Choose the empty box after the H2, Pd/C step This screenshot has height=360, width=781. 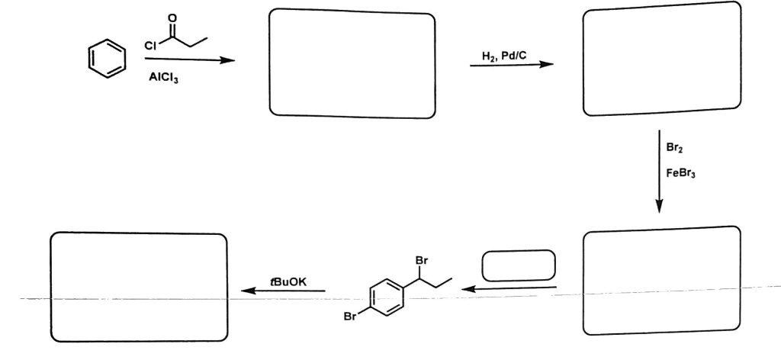pos(661,59)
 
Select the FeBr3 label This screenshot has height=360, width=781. pos(680,172)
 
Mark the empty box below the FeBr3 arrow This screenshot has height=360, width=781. pos(661,280)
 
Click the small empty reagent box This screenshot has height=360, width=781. pos(519,265)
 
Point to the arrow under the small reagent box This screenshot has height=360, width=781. pos(510,288)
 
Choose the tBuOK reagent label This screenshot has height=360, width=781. pos(287,281)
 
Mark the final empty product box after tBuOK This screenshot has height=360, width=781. pos(139,288)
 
